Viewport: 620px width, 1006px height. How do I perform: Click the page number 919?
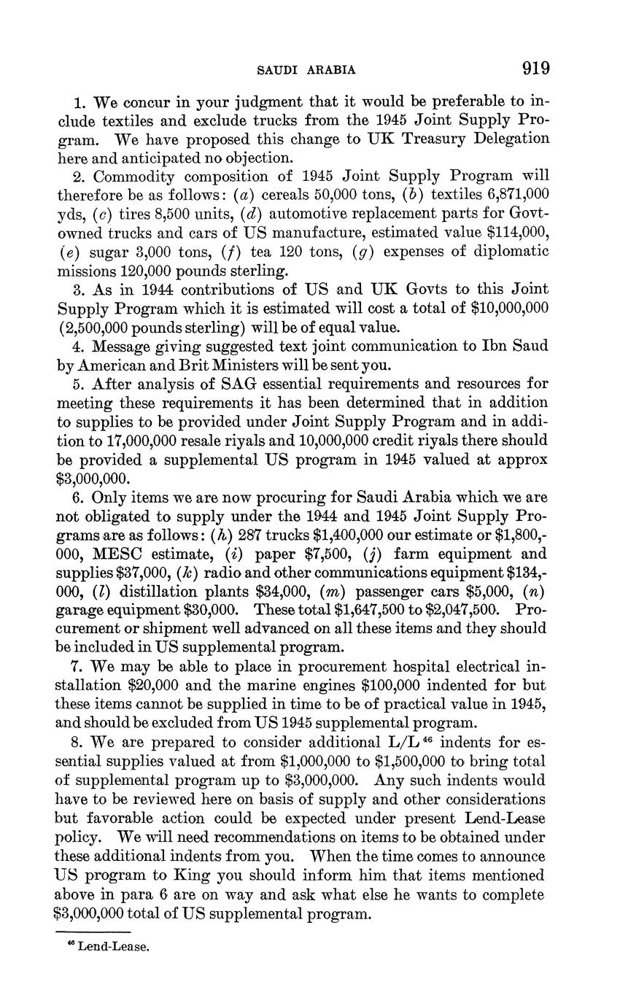pos(535,69)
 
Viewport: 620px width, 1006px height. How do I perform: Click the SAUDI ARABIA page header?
pos(307,70)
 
